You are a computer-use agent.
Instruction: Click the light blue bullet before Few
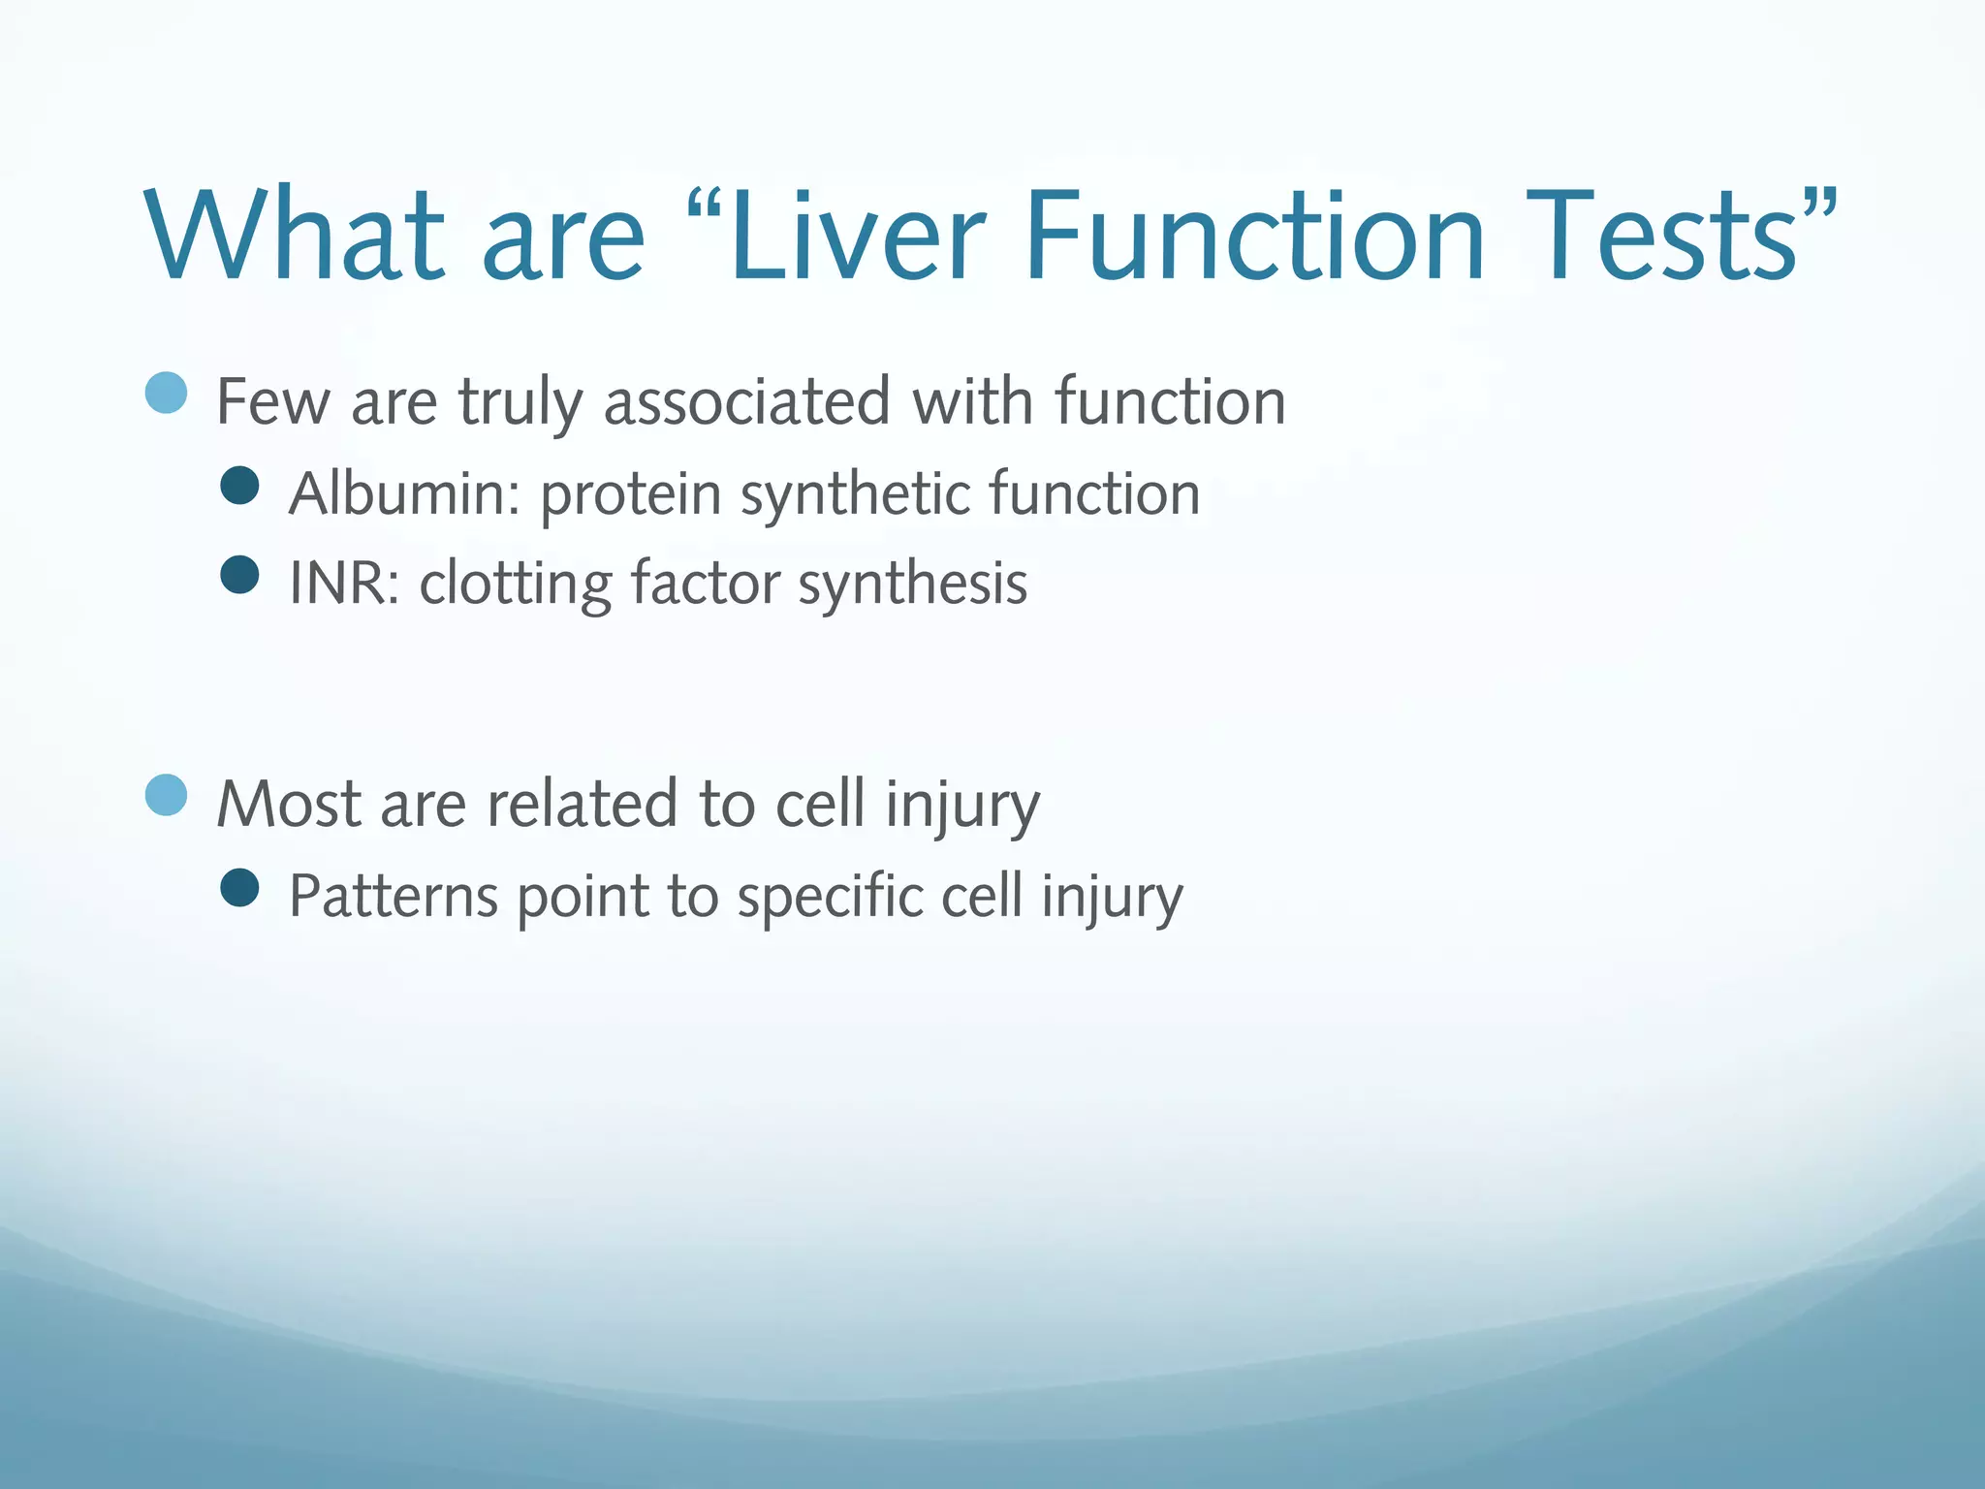pos(166,393)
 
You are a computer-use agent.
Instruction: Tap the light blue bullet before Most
pos(166,795)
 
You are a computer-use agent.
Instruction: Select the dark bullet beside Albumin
pos(239,485)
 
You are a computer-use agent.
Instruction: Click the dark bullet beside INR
pos(239,575)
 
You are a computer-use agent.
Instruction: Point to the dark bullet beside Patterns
pos(239,887)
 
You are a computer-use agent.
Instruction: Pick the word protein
pos(631,494)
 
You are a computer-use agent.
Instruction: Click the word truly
pos(520,402)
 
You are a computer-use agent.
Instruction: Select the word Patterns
pos(394,896)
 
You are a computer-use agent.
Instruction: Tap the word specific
pos(830,896)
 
